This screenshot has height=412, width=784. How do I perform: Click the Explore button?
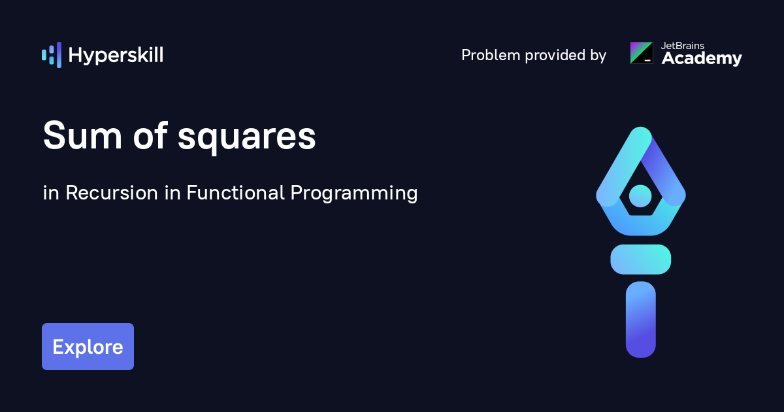click(88, 347)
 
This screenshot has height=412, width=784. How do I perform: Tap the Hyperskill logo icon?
click(52, 55)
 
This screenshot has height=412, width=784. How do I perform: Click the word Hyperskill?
click(116, 56)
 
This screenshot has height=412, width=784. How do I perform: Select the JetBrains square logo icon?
click(642, 53)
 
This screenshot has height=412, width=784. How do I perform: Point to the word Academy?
click(702, 58)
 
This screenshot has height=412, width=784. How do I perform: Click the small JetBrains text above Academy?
click(683, 46)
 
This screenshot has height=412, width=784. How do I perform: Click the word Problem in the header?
click(491, 55)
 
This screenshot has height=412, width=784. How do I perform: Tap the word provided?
click(555, 55)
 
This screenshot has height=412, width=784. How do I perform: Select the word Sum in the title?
click(82, 135)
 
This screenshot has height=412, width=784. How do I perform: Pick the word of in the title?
click(150, 135)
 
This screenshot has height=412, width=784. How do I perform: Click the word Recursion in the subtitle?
click(112, 193)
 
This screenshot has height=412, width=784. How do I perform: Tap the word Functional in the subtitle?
click(236, 192)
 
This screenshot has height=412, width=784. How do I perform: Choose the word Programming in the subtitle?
click(354, 194)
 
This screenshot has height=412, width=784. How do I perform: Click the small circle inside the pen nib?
click(640, 196)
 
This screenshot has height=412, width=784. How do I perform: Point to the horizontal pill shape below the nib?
click(641, 259)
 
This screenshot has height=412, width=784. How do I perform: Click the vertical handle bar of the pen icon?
click(641, 320)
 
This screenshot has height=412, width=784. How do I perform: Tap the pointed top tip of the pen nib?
click(640, 128)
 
